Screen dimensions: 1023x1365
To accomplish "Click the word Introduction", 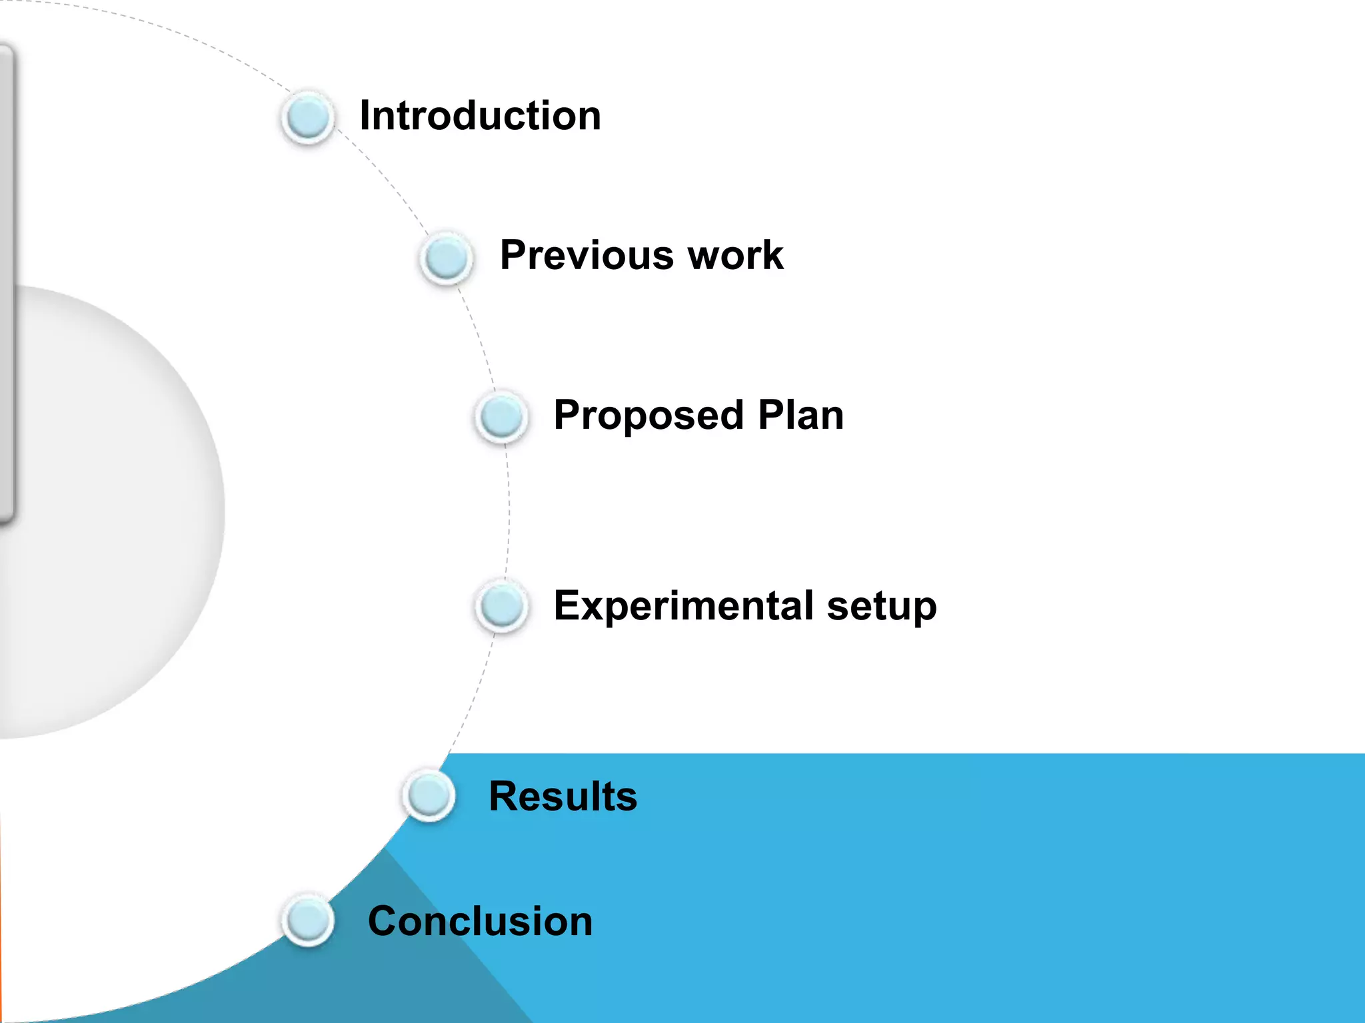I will [480, 116].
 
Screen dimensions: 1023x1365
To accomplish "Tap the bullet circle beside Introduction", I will [308, 117].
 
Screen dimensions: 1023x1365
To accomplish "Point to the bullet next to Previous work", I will [447, 258].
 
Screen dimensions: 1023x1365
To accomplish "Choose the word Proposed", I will [648, 416].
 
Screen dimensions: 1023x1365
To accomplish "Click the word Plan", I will [800, 415].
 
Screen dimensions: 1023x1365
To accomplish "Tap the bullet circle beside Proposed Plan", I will [502, 416].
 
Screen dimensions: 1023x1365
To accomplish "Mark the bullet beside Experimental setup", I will [502, 606].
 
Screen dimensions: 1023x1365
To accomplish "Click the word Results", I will [563, 796].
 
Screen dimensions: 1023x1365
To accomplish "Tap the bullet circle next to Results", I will [429, 795].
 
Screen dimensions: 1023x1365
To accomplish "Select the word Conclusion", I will [480, 921].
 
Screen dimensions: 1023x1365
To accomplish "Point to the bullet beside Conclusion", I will [308, 920].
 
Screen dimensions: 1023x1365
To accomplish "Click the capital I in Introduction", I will [364, 116].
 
